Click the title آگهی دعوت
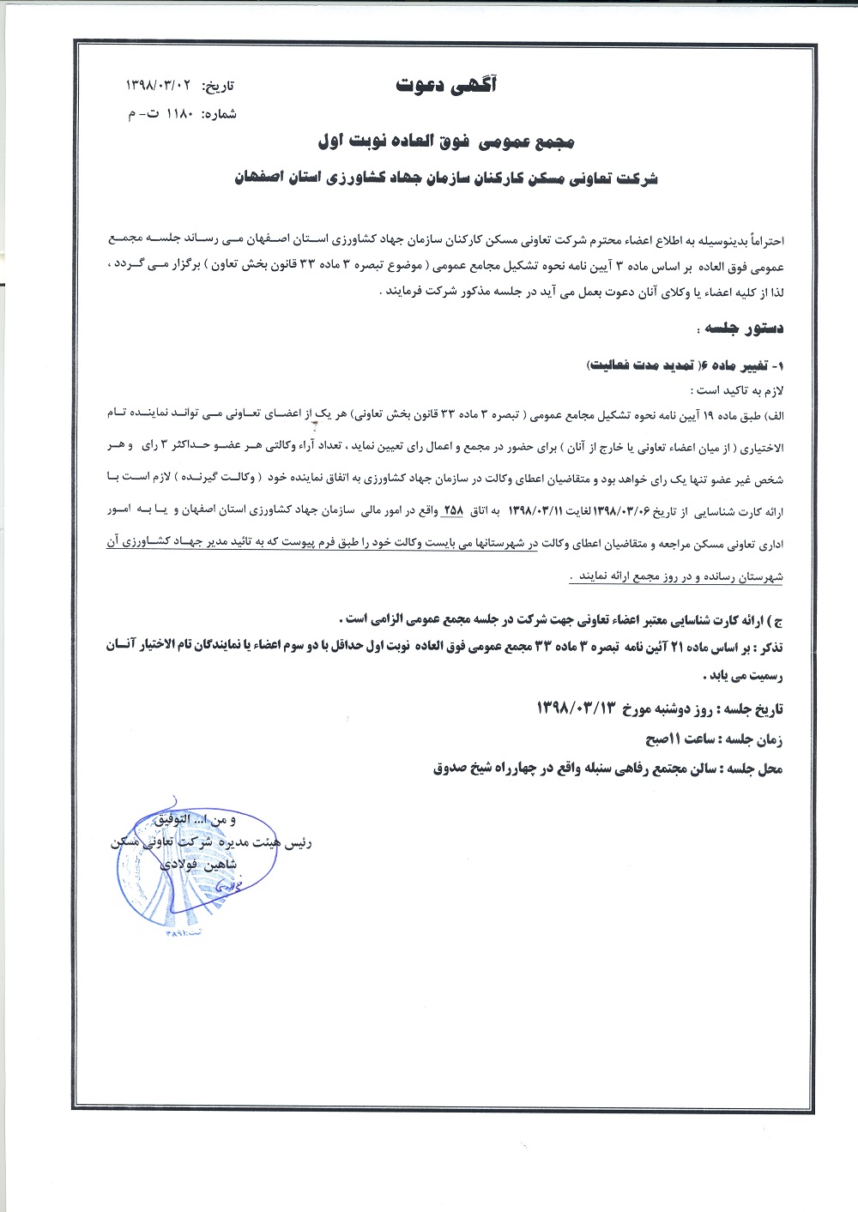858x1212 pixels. point(446,85)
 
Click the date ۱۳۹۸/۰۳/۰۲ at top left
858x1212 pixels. point(163,87)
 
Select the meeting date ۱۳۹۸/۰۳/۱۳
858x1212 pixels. point(577,709)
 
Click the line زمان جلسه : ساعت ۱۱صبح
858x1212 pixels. point(714,739)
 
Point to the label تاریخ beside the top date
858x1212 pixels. point(218,87)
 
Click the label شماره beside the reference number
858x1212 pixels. point(219,114)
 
